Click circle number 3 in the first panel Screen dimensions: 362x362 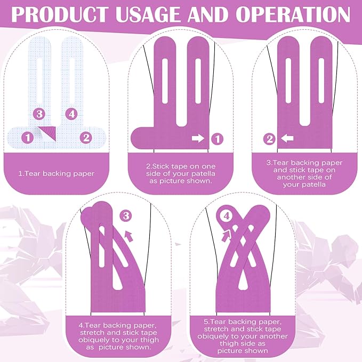click(x=38, y=113)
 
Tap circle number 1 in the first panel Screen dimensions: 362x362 click(x=26, y=138)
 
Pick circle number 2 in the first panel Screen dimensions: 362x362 click(x=85, y=138)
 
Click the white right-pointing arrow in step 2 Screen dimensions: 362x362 click(x=198, y=139)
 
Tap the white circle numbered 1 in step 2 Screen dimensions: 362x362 click(x=216, y=139)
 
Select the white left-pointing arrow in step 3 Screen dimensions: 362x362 click(x=287, y=139)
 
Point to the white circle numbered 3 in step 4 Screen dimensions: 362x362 click(x=126, y=216)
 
